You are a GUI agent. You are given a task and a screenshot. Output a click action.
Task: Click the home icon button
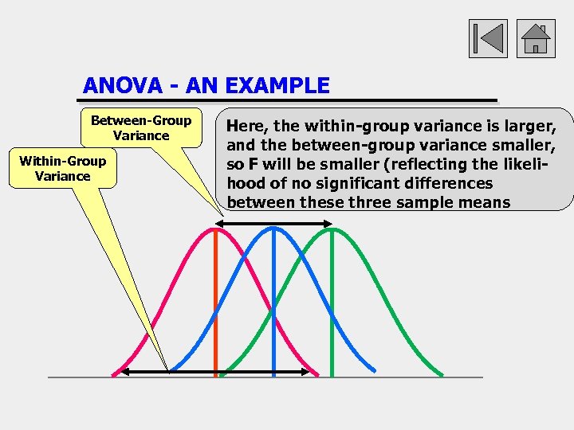536,39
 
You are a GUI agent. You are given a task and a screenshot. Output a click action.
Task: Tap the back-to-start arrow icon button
488,39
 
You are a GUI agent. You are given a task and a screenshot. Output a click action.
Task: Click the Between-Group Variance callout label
141,127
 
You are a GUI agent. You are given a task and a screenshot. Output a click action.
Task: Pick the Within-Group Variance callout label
63,168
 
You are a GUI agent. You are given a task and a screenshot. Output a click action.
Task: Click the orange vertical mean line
216,303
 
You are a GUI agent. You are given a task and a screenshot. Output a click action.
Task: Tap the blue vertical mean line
273,303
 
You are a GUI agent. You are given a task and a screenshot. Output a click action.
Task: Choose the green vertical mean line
332,303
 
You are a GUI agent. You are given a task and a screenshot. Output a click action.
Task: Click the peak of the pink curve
215,229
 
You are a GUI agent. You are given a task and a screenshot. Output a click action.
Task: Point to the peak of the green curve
332,229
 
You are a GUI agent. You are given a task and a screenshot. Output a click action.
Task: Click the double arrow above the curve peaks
273,225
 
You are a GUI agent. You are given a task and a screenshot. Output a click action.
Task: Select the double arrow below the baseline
215,371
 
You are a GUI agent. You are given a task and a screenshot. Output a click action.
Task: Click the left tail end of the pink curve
114,373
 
